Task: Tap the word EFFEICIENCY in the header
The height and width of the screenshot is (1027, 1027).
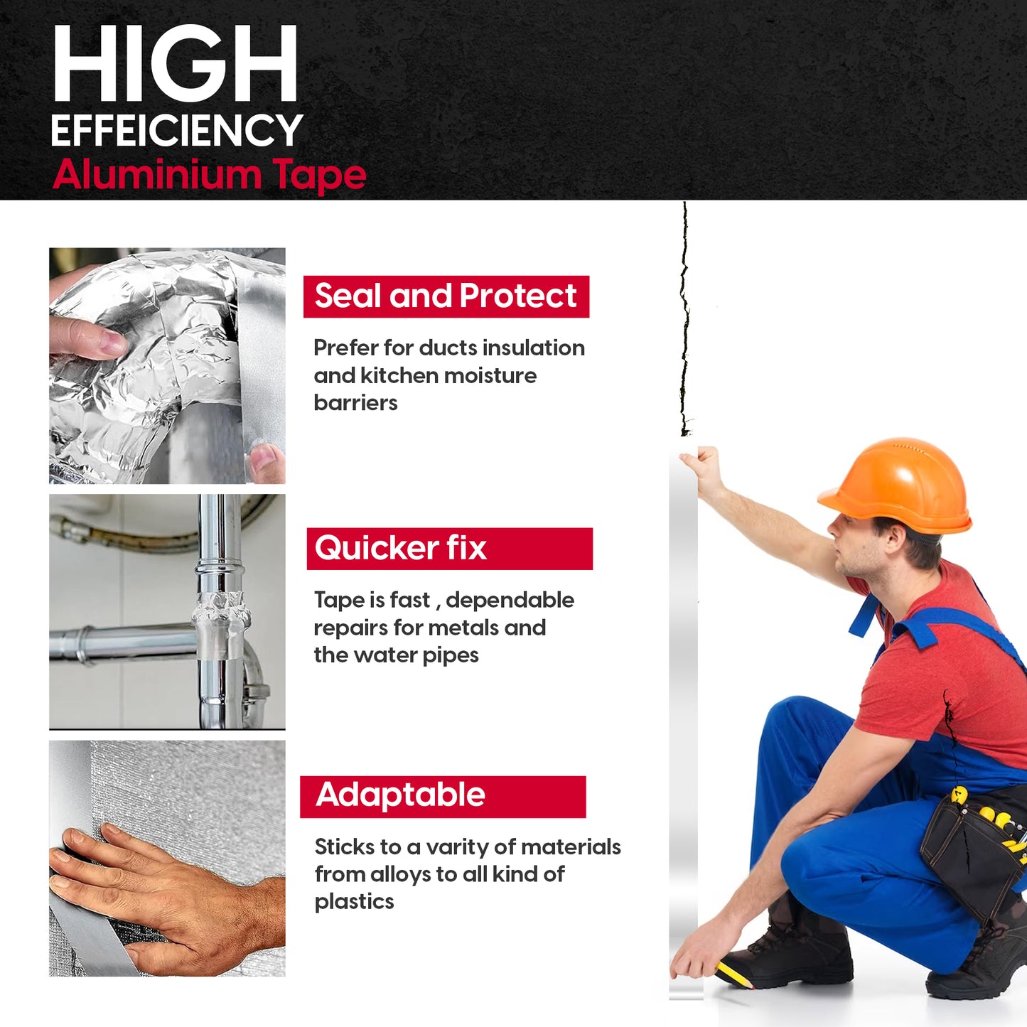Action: click(x=177, y=131)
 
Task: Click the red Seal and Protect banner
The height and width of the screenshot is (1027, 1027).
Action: click(x=446, y=296)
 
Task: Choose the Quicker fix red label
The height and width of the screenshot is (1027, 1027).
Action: click(x=449, y=549)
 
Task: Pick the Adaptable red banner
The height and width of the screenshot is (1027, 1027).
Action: click(x=443, y=796)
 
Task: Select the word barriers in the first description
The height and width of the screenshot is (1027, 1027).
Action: click(x=355, y=403)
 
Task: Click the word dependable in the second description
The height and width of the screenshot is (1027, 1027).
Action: click(x=510, y=600)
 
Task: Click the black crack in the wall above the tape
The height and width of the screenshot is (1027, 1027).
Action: click(x=685, y=320)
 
